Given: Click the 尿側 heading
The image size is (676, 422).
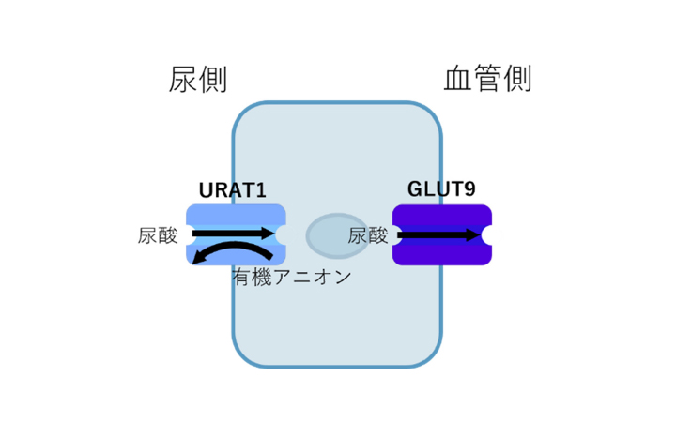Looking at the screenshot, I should (198, 79).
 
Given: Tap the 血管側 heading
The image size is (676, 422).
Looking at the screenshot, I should (488, 79).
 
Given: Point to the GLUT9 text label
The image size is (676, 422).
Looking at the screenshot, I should (441, 188).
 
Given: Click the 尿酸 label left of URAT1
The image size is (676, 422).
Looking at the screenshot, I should (158, 235).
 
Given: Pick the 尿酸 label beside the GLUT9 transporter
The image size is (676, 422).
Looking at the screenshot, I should (368, 235).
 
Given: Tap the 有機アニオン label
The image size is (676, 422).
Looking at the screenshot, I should (292, 277).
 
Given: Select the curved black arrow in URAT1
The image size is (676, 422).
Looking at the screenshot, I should (235, 250).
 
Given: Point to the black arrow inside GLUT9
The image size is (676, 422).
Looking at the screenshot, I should (438, 234).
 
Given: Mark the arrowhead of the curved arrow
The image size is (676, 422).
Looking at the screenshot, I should (196, 260).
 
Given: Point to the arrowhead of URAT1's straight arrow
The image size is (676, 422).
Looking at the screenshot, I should (267, 232).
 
